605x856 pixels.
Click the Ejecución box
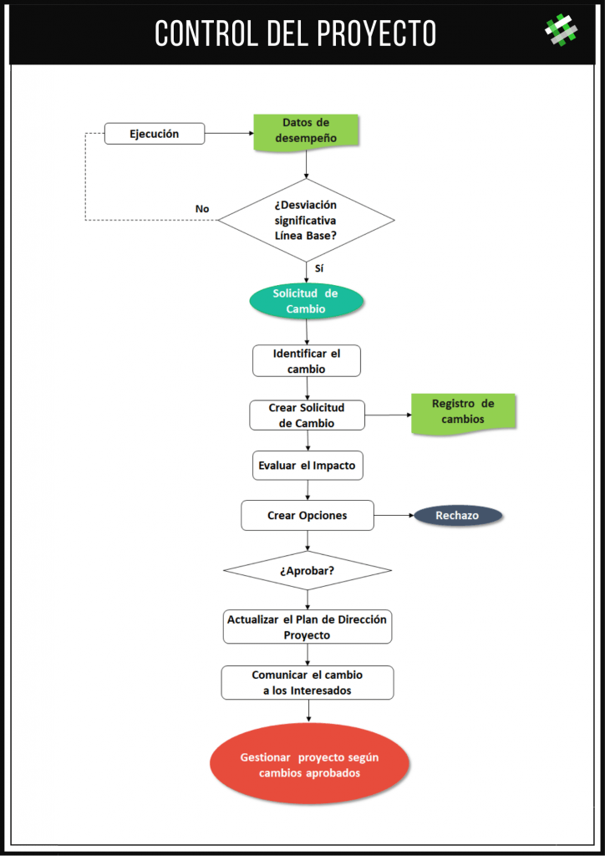click(155, 134)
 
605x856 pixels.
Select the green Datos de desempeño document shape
click(306, 131)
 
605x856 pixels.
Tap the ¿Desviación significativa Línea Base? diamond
click(306, 220)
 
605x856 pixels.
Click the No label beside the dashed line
click(202, 209)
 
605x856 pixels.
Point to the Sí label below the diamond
click(319, 268)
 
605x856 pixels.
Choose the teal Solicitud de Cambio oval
click(306, 301)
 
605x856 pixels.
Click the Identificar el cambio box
click(307, 361)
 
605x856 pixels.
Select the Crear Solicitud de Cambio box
click(307, 415)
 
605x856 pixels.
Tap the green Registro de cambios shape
click(463, 413)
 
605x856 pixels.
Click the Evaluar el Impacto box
click(308, 466)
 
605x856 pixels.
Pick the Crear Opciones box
click(308, 515)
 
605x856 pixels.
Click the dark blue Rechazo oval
click(458, 515)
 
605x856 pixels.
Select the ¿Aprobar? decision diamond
click(308, 570)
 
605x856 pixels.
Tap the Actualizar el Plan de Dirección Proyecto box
click(308, 627)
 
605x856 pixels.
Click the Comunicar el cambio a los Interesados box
click(308, 682)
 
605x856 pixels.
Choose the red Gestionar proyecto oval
click(310, 766)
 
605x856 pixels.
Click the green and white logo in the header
click(562, 30)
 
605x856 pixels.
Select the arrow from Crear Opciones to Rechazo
click(394, 515)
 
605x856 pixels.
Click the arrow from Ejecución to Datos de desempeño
click(230, 133)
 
